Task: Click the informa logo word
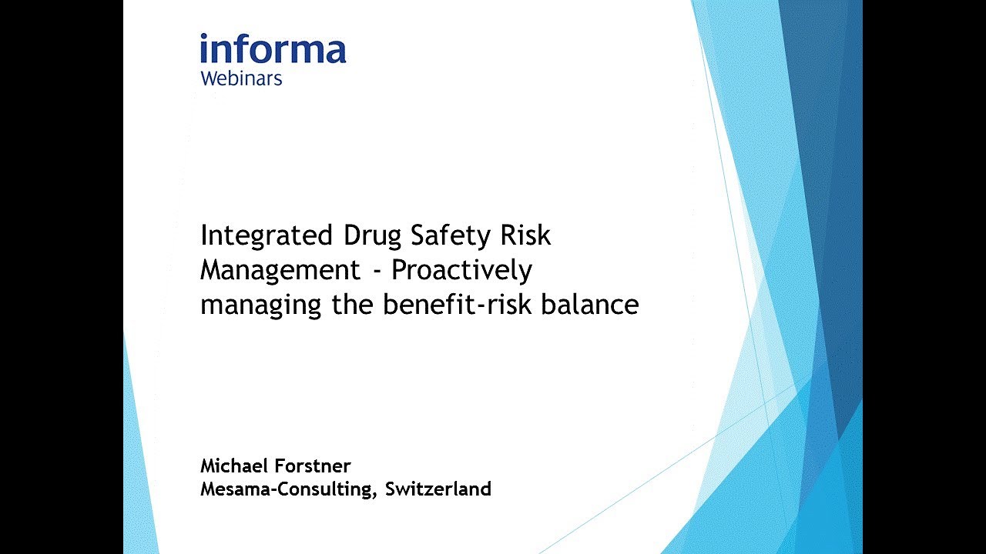tap(273, 49)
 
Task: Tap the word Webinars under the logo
tap(241, 78)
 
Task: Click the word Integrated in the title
tap(267, 235)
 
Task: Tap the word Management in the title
tap(280, 270)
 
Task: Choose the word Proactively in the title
tap(462, 270)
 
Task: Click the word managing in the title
tap(261, 305)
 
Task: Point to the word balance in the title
tap(589, 305)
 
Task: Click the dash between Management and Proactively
tap(376, 272)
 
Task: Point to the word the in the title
tap(354, 305)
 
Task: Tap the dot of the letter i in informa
tap(205, 37)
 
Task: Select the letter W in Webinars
tap(210, 78)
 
